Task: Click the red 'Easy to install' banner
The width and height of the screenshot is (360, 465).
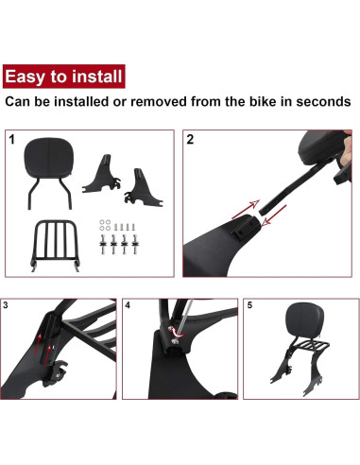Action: click(62, 76)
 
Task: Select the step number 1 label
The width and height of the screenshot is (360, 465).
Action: click(11, 139)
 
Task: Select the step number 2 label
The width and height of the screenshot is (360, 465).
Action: click(191, 139)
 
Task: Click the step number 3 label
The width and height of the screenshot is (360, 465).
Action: click(8, 305)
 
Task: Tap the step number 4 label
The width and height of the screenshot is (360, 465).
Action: click(128, 305)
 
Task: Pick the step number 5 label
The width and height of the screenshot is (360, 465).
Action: click(250, 305)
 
